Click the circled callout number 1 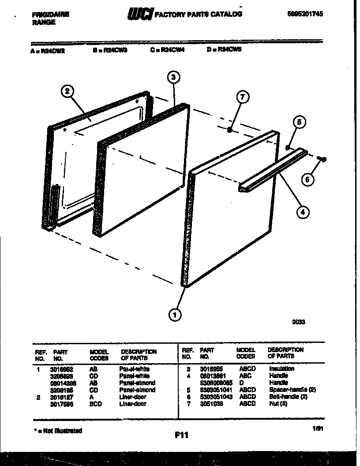tap(175, 315)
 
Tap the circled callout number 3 tap(173, 77)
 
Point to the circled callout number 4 tap(302, 212)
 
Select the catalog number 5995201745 tap(304, 14)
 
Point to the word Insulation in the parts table tap(281, 368)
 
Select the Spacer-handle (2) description tap(292, 390)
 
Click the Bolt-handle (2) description tap(288, 397)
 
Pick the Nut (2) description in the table tap(278, 404)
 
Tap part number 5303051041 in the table tap(216, 390)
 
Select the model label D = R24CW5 tap(224, 50)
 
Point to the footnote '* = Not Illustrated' tap(57, 430)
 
